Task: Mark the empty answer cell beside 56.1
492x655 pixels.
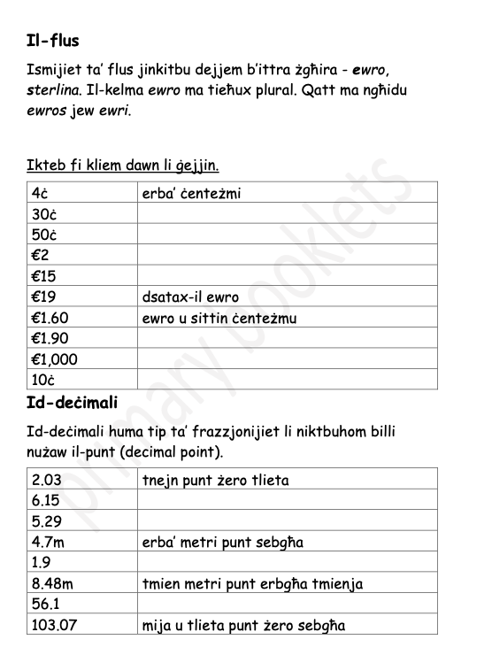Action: (x=287, y=605)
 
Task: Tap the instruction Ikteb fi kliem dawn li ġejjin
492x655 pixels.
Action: (x=123, y=165)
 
